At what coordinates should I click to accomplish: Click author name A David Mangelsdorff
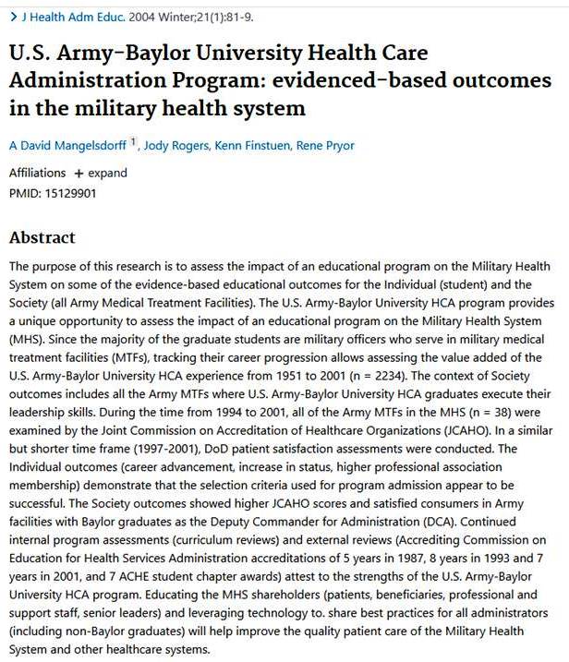pos(67,145)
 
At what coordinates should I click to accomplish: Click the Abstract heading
pos(42,237)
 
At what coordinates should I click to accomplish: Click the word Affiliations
pos(37,173)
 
